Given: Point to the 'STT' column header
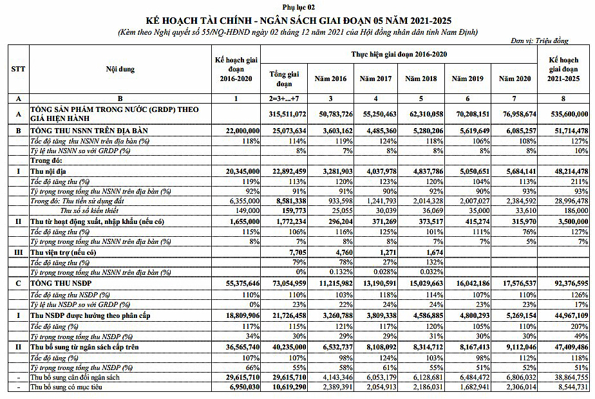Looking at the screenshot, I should (x=19, y=70).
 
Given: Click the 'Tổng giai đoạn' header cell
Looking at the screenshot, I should (x=284, y=79).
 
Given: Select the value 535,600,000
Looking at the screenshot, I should (x=566, y=114).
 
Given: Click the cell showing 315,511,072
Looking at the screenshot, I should (x=284, y=114).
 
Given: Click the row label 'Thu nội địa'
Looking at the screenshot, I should (x=48, y=172).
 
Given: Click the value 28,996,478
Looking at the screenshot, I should (x=566, y=201).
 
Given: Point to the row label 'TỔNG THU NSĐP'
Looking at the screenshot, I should (x=63, y=282).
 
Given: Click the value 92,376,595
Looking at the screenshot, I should (x=566, y=282).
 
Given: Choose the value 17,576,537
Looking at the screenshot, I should (x=518, y=282).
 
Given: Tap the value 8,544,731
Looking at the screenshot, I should (x=567, y=387).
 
